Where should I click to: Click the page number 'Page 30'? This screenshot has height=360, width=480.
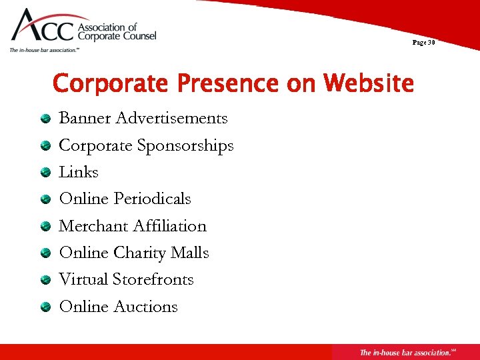click(423, 43)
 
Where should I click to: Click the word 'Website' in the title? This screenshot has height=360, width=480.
click(368, 84)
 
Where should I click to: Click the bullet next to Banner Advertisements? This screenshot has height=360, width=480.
click(45, 119)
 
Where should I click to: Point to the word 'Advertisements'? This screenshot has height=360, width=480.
click(171, 118)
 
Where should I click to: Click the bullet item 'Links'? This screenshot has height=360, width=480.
click(79, 172)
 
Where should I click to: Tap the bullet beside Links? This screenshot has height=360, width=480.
click(45, 173)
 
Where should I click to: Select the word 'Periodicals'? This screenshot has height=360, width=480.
click(152, 199)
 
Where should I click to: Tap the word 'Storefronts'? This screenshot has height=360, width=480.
click(153, 279)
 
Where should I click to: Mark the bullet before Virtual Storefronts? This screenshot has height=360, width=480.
click(45, 280)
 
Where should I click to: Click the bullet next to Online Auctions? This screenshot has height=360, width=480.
click(45, 307)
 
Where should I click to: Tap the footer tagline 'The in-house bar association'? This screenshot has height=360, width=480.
click(403, 352)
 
